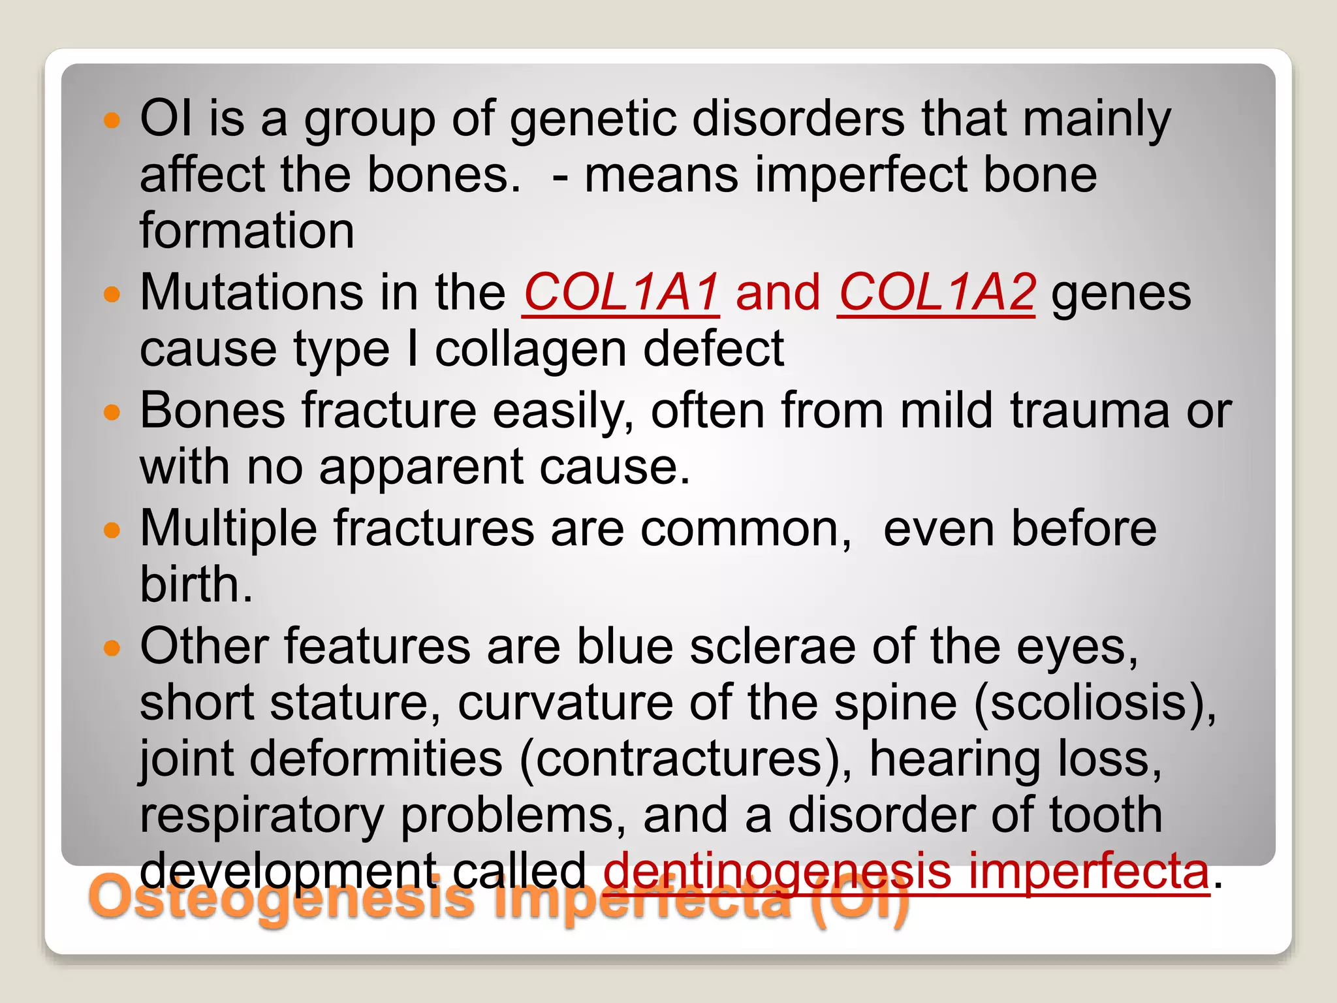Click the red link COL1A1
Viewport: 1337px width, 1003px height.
point(621,292)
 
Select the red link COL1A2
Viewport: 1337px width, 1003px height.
point(936,292)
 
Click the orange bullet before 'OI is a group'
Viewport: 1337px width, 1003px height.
point(112,120)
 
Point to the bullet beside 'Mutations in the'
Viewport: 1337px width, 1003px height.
point(112,294)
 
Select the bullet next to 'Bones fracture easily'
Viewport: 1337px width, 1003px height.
point(112,412)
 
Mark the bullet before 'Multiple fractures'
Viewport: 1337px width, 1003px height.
point(112,530)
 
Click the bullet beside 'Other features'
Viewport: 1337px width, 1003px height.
point(112,648)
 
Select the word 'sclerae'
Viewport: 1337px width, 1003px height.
point(772,646)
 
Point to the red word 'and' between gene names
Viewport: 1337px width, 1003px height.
point(778,293)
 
